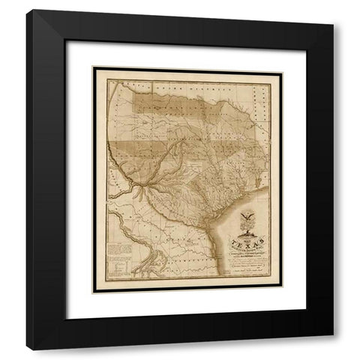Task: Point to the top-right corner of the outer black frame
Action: [x=332, y=11]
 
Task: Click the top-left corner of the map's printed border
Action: [x=93, y=68]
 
